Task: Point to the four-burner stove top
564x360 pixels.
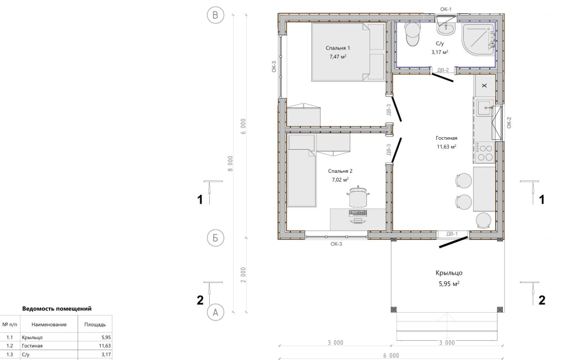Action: [x=484, y=152]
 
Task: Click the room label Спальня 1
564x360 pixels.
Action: [x=338, y=48]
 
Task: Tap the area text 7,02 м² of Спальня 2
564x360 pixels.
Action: [x=340, y=179]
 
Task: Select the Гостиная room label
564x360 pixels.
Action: [x=446, y=138]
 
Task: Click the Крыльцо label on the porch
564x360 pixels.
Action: [x=449, y=273]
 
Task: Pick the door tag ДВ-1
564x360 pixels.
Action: [x=452, y=234]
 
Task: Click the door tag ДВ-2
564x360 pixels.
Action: [x=443, y=70]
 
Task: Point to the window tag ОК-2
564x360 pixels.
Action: [x=509, y=123]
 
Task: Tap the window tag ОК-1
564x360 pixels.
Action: [x=446, y=9]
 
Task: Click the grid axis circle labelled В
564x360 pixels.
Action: [x=215, y=15]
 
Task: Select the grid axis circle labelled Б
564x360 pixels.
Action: [x=215, y=238]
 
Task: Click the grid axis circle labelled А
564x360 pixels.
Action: [x=215, y=312]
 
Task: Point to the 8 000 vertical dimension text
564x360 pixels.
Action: [x=230, y=163]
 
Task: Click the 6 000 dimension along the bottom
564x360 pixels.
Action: [x=391, y=356]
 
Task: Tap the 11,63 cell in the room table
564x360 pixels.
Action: [x=105, y=346]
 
